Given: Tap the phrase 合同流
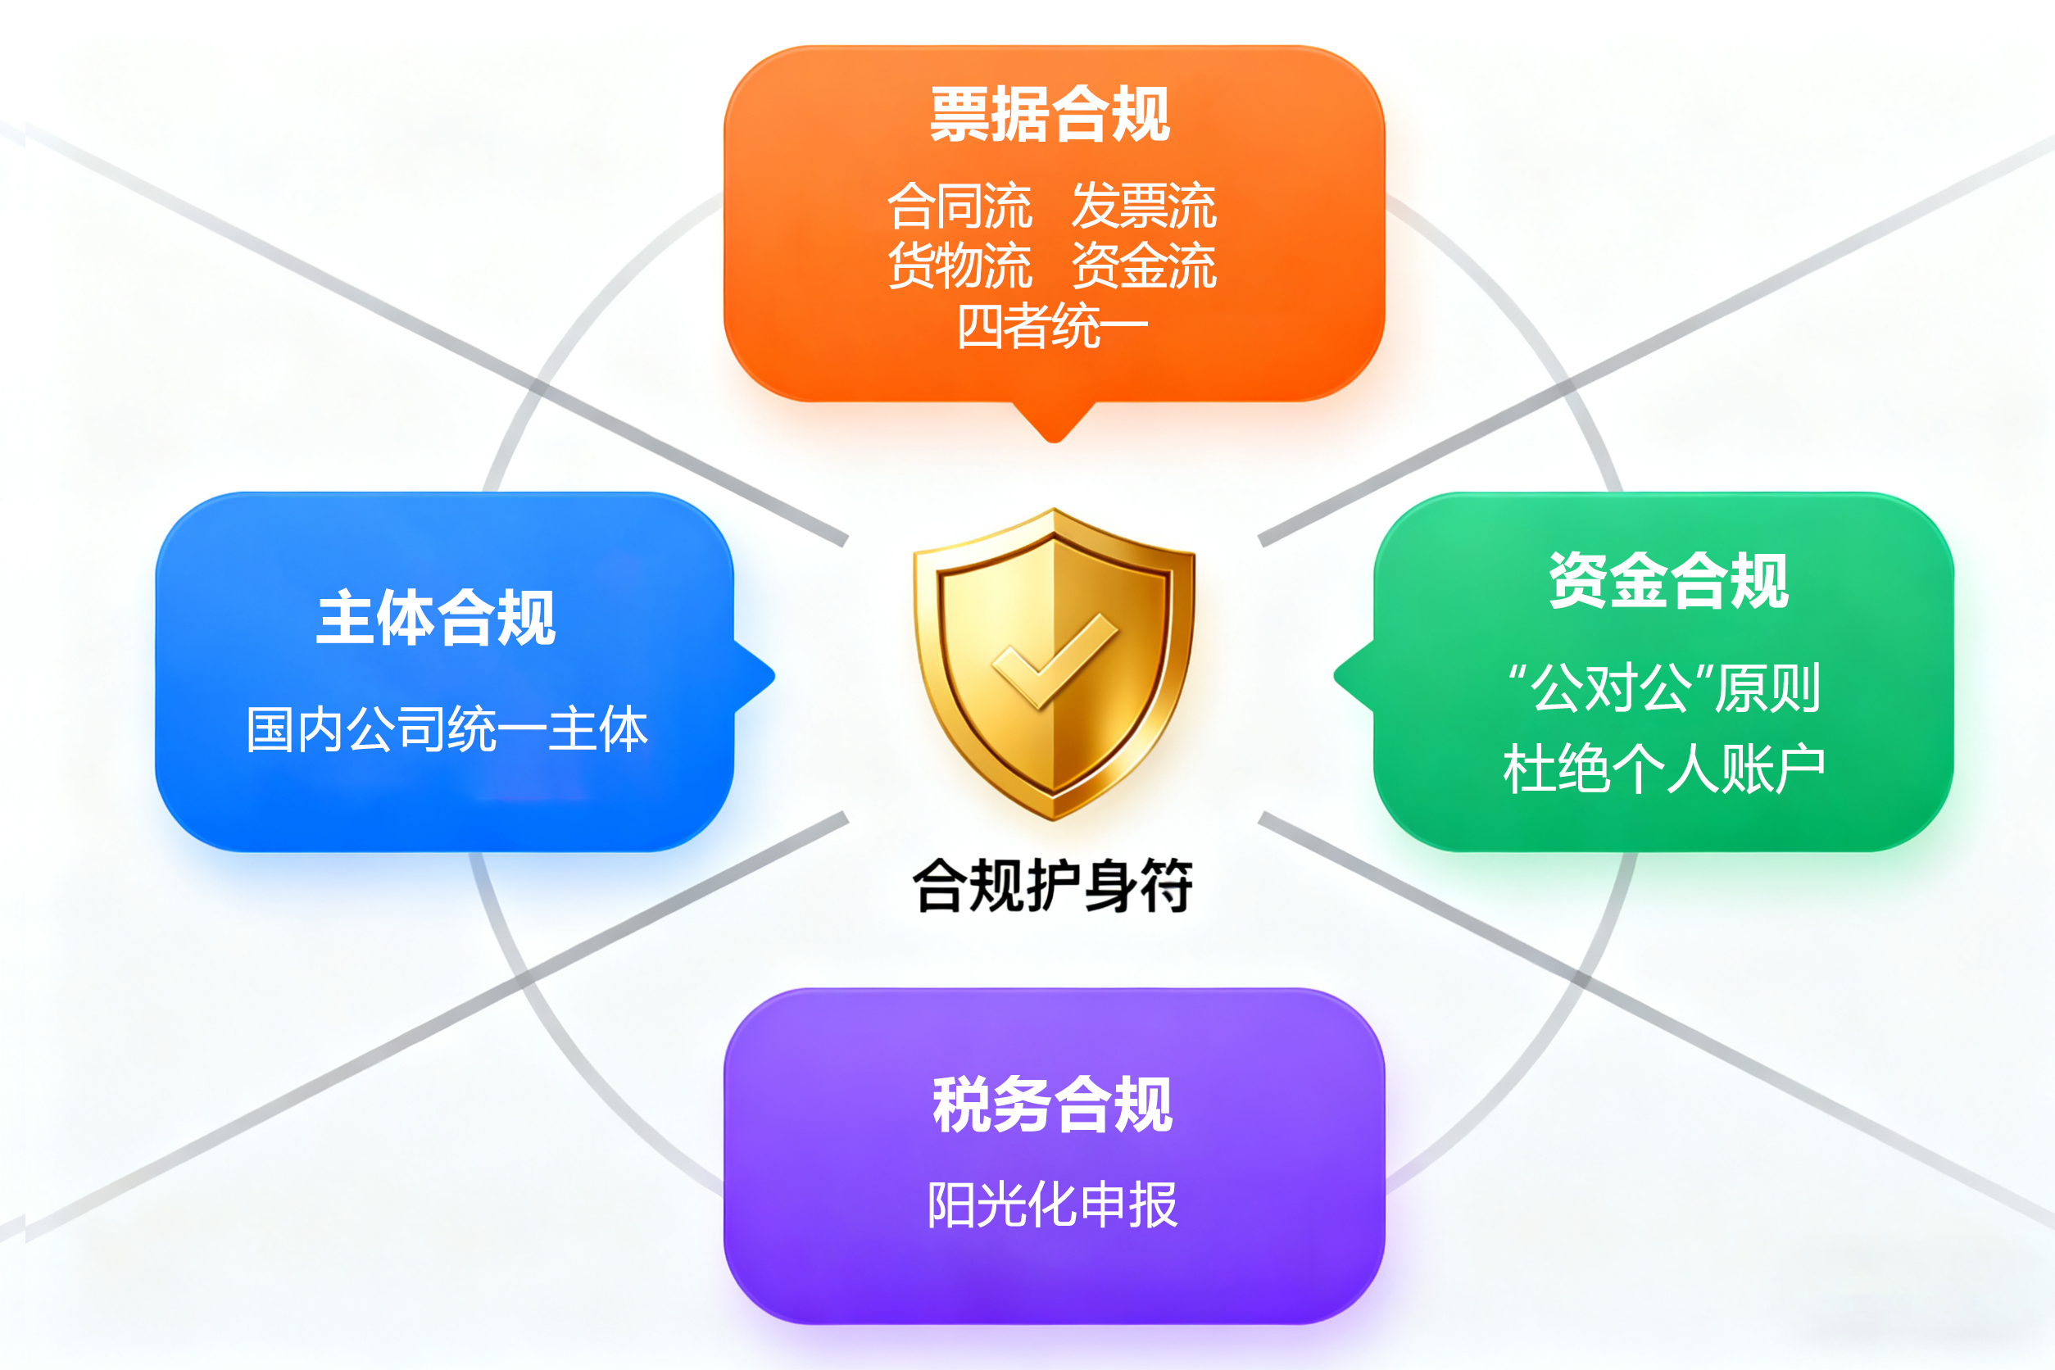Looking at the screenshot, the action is click(959, 206).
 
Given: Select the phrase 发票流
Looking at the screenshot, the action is click(1144, 206).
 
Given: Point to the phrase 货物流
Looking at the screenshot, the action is click(959, 265).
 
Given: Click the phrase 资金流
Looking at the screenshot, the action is click(1144, 265).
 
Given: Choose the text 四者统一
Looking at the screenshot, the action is click(1052, 326).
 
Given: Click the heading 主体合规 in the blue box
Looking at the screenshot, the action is click(436, 618).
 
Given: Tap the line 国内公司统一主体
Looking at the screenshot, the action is click(447, 729).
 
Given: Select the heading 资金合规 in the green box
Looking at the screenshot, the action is click(1669, 580).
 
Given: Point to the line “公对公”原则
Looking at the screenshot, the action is click(1664, 687).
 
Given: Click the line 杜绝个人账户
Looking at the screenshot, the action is click(1664, 769).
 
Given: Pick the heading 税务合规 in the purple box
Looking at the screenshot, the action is click(1052, 1105).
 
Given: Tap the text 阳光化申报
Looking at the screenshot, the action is click(1052, 1204).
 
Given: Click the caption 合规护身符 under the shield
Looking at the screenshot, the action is click(1052, 885).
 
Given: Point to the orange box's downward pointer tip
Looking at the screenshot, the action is click(1054, 441).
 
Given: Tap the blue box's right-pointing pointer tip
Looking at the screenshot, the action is click(773, 675).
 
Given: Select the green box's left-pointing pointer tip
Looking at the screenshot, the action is click(1335, 675).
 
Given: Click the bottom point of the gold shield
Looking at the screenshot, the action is click(1054, 819).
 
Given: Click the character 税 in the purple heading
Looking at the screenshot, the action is click(962, 1105).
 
